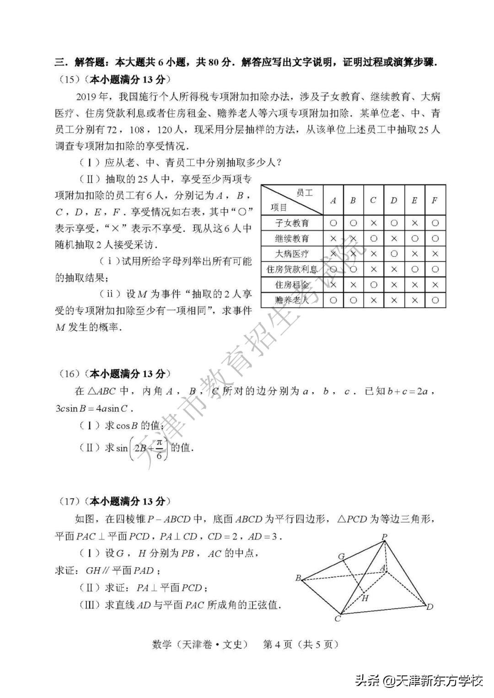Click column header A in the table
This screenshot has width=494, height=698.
pos(333,200)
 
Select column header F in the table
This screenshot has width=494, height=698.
pos(435,200)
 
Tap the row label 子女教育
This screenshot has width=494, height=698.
pos(292,223)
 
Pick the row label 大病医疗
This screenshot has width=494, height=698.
pos(292,254)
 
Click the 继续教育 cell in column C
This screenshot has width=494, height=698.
pos(374,239)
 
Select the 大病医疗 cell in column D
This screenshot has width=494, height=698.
pos(394,254)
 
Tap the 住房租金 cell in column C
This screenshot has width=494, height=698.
pos(374,285)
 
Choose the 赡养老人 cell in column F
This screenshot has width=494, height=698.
pos(435,300)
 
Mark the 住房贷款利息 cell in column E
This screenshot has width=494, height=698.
pos(414,269)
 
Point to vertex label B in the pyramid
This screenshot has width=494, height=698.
pos(298,578)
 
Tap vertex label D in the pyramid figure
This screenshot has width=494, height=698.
pos(430,607)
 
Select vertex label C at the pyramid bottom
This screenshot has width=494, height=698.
pos(338,619)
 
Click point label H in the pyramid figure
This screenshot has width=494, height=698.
pos(365,598)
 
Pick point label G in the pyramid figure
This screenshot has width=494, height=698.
pos(341,556)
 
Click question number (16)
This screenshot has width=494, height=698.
pos(70,374)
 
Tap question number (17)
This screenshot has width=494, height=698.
pos(70,501)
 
